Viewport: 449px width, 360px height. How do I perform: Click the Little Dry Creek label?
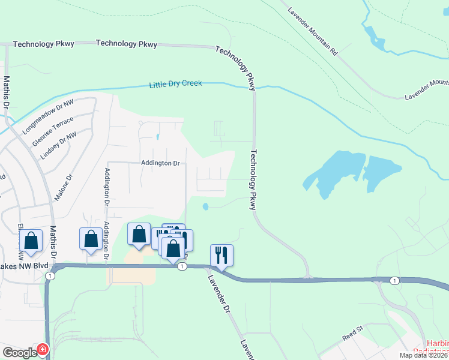pyautogui.click(x=176, y=84)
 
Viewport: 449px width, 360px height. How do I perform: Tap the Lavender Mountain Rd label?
pyautogui.click(x=313, y=32)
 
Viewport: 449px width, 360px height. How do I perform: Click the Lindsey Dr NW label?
pyautogui.click(x=58, y=145)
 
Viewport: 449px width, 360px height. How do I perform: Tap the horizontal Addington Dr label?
pyautogui.click(x=160, y=163)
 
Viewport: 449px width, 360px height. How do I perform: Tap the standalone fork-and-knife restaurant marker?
pyautogui.click(x=221, y=256)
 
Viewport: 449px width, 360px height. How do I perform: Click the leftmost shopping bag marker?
pyautogui.click(x=31, y=241)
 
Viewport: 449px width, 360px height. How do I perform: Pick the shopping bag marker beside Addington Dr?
pyautogui.click(x=91, y=238)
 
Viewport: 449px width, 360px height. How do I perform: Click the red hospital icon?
pyautogui.click(x=43, y=350)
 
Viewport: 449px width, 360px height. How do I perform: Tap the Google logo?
pyautogui.click(x=19, y=353)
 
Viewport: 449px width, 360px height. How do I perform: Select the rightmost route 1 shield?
pyautogui.click(x=394, y=280)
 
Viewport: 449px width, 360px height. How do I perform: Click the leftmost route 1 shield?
pyautogui.click(x=50, y=276)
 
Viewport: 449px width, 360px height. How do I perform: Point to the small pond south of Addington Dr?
pyautogui.click(x=205, y=207)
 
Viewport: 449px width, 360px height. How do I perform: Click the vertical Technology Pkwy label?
pyautogui.click(x=253, y=179)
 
